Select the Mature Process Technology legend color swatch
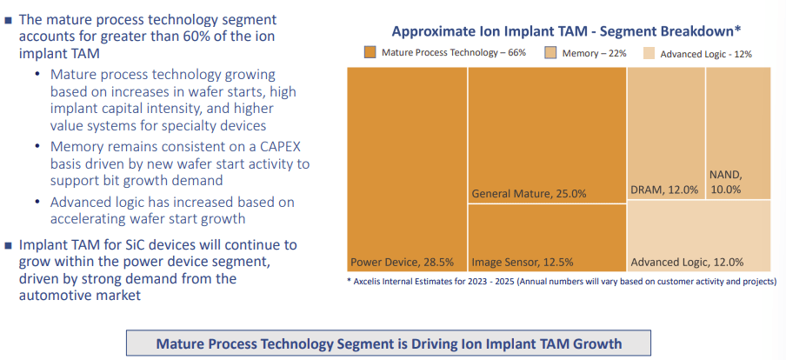(370, 53)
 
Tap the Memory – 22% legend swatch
(552, 53)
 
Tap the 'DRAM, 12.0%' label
(664, 190)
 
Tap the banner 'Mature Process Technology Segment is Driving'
(388, 343)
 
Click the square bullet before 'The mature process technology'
(9, 19)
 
